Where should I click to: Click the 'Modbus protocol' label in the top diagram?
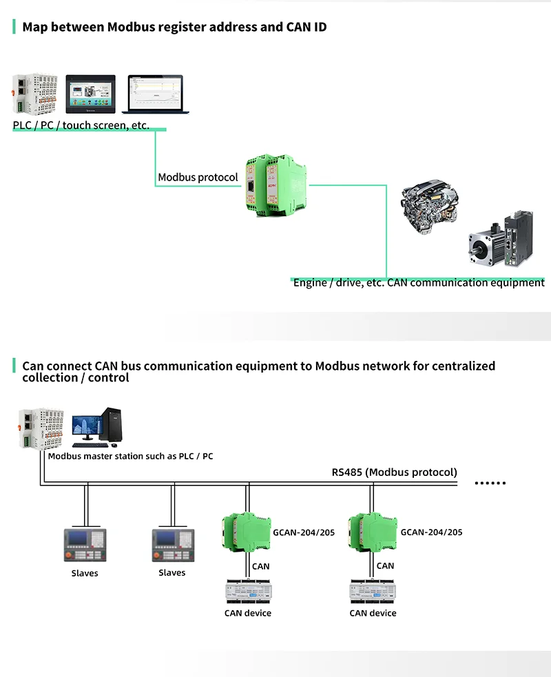198,177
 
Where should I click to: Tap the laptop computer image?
152,94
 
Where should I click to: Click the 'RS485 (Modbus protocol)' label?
394,472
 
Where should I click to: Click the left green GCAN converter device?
245,531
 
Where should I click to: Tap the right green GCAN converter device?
371,531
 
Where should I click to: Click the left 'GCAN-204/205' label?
304,532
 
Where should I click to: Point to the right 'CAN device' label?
373,613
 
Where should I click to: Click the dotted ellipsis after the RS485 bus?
491,483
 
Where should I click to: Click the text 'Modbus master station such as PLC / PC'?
130,456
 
